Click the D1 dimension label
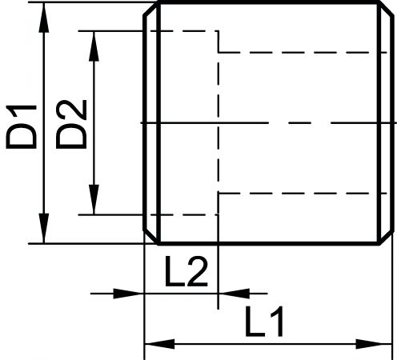pyautogui.click(x=22, y=126)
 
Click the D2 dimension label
pyautogui.click(x=71, y=124)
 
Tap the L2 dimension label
pyautogui.click(x=186, y=271)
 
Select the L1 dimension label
pyautogui.click(x=264, y=321)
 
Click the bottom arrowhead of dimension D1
pyautogui.click(x=44, y=228)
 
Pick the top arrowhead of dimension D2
pyautogui.click(x=94, y=46)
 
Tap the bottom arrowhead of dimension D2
pyautogui.click(x=94, y=199)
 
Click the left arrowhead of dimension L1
pyautogui.click(x=159, y=344)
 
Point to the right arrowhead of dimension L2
pyautogui.click(x=235, y=294)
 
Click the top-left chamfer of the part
pyautogui.click(x=151, y=9)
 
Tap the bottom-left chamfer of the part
pyautogui.click(x=151, y=238)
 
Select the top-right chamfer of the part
pyautogui.click(x=386, y=9)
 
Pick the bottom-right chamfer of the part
pyautogui.click(x=386, y=238)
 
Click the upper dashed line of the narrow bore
pyautogui.click(x=303, y=53)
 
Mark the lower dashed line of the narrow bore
pyautogui.click(x=303, y=193)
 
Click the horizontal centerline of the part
pyautogui.click(x=269, y=122)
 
